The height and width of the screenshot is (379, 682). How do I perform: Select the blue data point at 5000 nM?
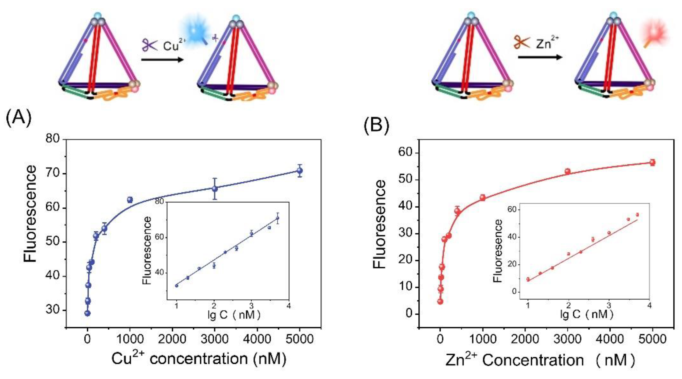pyautogui.click(x=299, y=171)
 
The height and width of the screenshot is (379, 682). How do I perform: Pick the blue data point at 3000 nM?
pyautogui.click(x=215, y=189)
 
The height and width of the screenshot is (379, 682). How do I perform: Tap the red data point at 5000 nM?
pyautogui.click(x=652, y=162)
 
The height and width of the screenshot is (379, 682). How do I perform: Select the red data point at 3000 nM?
pyautogui.click(x=567, y=171)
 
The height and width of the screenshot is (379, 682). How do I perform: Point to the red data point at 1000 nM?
pyautogui.click(x=482, y=198)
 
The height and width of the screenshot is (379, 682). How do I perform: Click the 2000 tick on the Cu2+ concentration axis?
pyautogui.click(x=172, y=340)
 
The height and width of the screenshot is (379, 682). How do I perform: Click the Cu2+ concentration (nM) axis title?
pyautogui.click(x=199, y=359)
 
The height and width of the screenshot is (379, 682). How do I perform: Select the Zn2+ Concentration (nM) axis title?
pyautogui.click(x=540, y=360)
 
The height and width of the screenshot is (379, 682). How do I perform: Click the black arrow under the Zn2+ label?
pyautogui.click(x=540, y=57)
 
